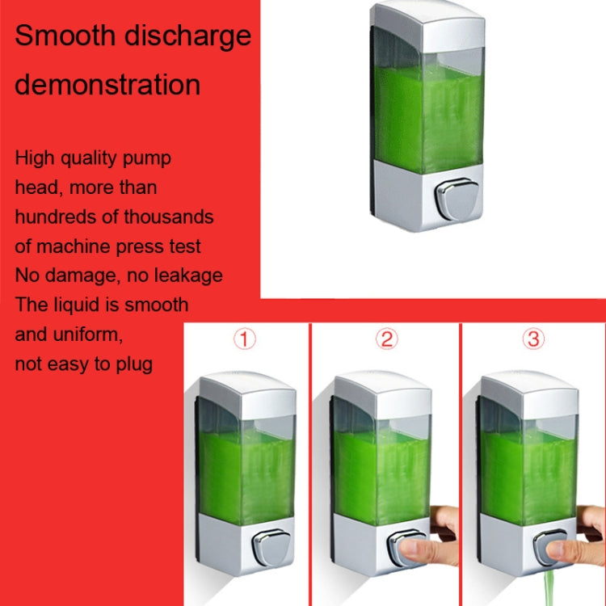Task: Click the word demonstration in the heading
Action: [x=107, y=84]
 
